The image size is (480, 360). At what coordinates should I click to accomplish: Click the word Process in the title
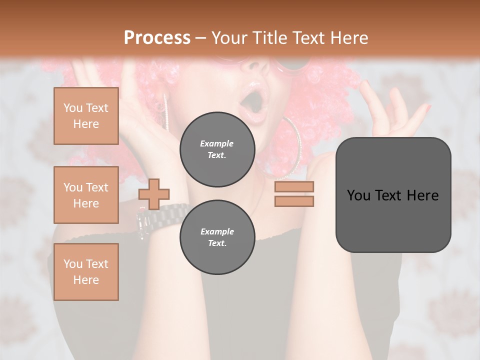(x=157, y=37)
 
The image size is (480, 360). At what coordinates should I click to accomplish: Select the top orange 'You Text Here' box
(x=86, y=116)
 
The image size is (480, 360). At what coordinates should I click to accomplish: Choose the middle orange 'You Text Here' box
(x=86, y=195)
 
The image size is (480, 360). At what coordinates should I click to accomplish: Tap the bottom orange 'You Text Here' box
(x=86, y=272)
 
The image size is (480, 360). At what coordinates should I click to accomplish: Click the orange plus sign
(x=154, y=193)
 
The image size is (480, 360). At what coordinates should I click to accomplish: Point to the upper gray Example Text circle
(x=217, y=149)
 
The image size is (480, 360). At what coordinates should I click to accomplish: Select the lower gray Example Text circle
(x=217, y=237)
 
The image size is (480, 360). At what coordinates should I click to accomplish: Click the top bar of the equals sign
(x=294, y=187)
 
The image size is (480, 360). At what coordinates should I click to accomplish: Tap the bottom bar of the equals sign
(x=294, y=201)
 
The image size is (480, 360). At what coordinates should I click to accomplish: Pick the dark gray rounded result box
(x=393, y=195)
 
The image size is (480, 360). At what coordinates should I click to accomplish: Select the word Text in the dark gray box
(x=395, y=195)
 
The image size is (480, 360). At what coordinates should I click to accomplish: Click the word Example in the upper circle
(x=216, y=143)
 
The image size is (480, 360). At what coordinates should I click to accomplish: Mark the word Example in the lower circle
(x=217, y=231)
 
